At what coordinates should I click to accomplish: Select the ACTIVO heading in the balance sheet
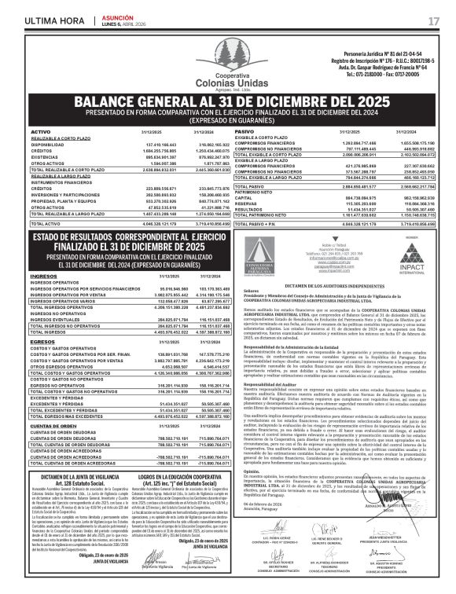pos(40,131)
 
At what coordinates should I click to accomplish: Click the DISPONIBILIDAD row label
pos(47,145)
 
